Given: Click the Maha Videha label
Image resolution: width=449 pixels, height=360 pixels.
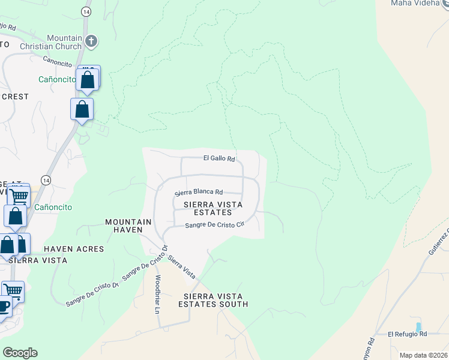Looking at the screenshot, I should (x=416, y=3).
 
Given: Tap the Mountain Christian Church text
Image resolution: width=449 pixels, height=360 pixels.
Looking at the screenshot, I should (x=61, y=43).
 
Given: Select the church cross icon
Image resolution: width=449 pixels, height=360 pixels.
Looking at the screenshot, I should (x=91, y=41).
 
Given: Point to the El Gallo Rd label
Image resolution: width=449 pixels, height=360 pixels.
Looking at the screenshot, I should (x=218, y=158).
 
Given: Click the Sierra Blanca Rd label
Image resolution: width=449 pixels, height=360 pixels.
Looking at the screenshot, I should (x=199, y=193).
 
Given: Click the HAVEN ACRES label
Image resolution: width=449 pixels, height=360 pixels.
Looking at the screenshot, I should (x=74, y=249).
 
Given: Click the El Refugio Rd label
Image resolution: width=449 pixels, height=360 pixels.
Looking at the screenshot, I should (x=406, y=334).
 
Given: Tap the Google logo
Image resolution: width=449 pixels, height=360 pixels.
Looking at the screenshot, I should (x=20, y=353).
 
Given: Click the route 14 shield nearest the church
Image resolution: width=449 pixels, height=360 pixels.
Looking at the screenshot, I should (x=88, y=11).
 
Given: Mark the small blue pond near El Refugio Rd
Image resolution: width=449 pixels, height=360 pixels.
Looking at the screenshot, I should (x=418, y=327).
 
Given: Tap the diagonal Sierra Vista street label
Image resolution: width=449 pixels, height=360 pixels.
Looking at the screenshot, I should (x=182, y=267).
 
